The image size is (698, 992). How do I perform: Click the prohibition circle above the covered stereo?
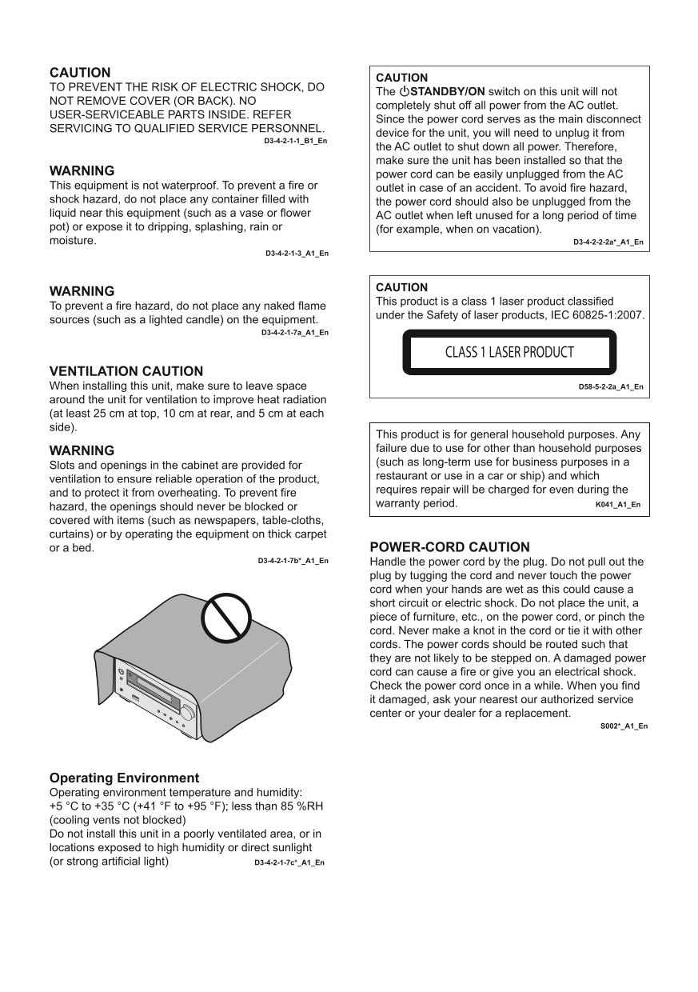[x=226, y=618]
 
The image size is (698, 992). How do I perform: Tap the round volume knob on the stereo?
[x=187, y=712]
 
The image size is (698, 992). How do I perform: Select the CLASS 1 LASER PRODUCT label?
[x=509, y=352]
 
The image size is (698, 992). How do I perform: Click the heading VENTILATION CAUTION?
[x=126, y=371]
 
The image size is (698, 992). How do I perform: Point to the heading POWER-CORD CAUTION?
[x=449, y=547]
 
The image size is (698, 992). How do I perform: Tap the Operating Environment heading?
[x=124, y=778]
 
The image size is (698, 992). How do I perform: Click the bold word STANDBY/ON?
[x=448, y=92]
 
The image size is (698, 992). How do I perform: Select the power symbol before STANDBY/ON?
[x=404, y=92]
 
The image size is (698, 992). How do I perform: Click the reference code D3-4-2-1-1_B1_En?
[x=295, y=141]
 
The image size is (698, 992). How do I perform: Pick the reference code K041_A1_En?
[x=617, y=505]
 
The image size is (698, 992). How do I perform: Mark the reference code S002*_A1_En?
[x=624, y=726]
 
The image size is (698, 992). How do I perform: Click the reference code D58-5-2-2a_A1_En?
[x=610, y=386]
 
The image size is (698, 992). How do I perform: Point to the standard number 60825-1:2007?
[x=608, y=315]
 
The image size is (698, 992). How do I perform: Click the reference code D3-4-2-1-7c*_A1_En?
[x=289, y=862]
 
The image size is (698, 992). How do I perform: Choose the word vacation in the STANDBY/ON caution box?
[x=515, y=230]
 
